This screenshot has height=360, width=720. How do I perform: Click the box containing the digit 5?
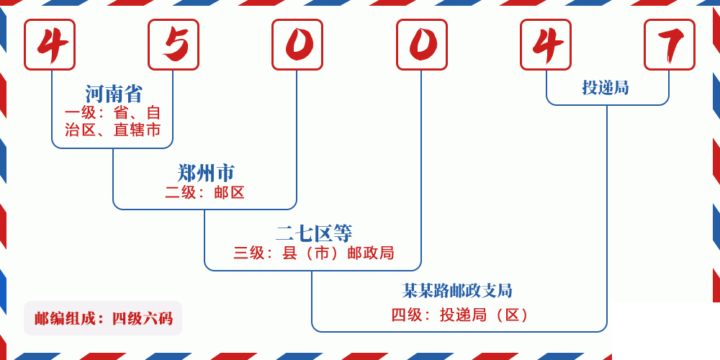[x=174, y=45]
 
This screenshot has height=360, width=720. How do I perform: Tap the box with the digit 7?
[x=670, y=45]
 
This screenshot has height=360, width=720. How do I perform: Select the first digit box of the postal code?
[x=50, y=45]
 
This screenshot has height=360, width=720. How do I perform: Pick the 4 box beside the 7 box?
[x=546, y=45]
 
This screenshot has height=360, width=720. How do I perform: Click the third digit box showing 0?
[x=297, y=45]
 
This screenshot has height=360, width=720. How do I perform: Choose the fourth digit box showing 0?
[x=422, y=45]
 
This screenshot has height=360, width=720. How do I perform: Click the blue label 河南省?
[x=114, y=94]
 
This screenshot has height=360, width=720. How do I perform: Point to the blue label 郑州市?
[x=206, y=173]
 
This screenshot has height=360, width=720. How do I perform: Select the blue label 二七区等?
[x=314, y=233]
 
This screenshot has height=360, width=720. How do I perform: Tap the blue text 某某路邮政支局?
[x=457, y=291]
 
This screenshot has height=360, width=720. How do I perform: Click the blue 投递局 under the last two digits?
[x=606, y=88]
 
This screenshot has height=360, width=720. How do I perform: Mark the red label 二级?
[x=181, y=193]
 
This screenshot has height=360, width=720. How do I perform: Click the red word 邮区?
[x=230, y=193]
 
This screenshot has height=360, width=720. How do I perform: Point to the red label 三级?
[x=249, y=253]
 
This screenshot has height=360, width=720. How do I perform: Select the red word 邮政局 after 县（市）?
[x=371, y=253]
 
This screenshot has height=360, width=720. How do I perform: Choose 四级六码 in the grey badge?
[x=142, y=318]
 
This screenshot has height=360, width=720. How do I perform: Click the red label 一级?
[x=80, y=113]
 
